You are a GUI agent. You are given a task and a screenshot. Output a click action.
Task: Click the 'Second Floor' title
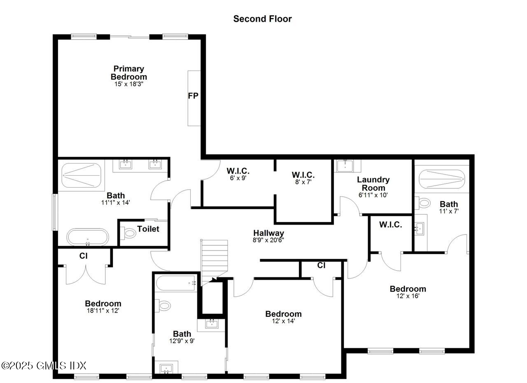point(262,19)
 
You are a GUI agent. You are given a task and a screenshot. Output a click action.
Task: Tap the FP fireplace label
point(193,96)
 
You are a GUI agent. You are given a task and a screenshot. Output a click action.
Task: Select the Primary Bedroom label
point(128,73)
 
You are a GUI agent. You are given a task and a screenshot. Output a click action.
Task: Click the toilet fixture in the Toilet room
point(130,233)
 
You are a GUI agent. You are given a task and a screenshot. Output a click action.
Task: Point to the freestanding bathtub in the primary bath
point(88,237)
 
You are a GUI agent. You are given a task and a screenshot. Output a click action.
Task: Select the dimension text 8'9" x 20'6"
point(268,240)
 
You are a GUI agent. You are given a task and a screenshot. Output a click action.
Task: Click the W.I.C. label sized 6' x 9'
point(238,172)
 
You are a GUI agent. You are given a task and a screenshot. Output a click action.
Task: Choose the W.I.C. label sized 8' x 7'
point(303,174)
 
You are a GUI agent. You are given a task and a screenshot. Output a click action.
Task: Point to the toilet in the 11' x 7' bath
point(424,202)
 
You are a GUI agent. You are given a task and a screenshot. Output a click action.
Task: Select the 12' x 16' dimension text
point(408,296)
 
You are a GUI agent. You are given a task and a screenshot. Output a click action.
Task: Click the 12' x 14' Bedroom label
point(283,314)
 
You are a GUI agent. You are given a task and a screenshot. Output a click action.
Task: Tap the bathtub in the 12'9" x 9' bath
point(177,283)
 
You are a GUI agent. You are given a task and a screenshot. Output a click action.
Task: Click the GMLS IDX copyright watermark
point(44,365)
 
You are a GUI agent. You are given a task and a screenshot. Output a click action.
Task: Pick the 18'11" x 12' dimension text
point(103,311)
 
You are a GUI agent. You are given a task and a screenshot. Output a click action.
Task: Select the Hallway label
point(268,233)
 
